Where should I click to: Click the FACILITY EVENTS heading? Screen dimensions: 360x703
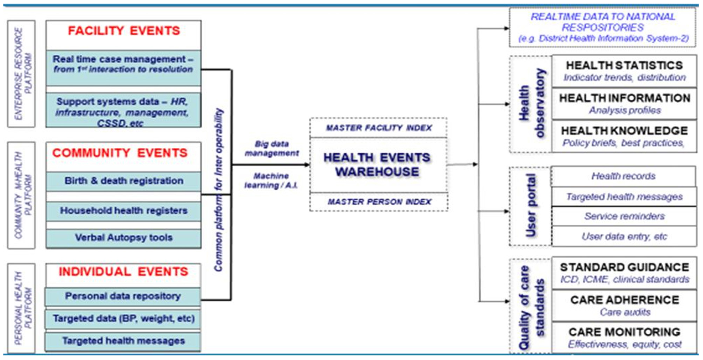click(x=124, y=31)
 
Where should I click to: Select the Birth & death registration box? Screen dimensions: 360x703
click(x=124, y=181)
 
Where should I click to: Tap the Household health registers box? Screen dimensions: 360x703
click(x=124, y=211)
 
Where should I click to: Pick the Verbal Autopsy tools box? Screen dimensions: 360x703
click(x=124, y=238)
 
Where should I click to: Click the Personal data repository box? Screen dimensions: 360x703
click(x=123, y=296)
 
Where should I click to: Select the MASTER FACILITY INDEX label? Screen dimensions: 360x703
click(x=378, y=128)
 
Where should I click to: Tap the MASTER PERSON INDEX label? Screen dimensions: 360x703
click(x=379, y=202)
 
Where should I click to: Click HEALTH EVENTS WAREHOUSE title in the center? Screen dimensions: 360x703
click(x=377, y=165)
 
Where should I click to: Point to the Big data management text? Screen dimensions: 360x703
click(x=272, y=149)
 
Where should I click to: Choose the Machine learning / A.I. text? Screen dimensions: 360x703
click(x=271, y=181)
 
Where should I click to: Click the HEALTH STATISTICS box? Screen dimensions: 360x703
click(x=624, y=71)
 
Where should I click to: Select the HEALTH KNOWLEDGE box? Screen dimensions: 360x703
click(x=624, y=136)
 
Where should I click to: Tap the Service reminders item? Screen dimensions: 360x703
click(x=624, y=216)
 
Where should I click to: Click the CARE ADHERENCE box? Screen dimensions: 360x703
click(x=624, y=305)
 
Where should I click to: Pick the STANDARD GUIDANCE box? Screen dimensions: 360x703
click(x=624, y=273)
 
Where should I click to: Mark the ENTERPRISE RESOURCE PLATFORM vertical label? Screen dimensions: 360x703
click(x=22, y=74)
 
